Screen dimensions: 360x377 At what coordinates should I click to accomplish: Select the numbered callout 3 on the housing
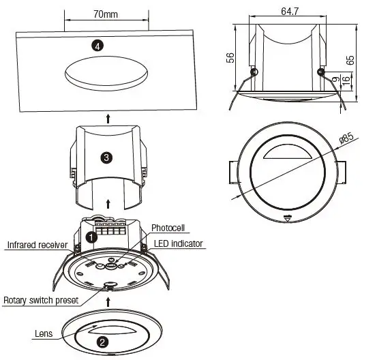(106, 157)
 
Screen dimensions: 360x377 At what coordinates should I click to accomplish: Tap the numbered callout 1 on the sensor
(91, 237)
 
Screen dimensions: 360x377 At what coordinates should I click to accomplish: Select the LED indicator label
(178, 243)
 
